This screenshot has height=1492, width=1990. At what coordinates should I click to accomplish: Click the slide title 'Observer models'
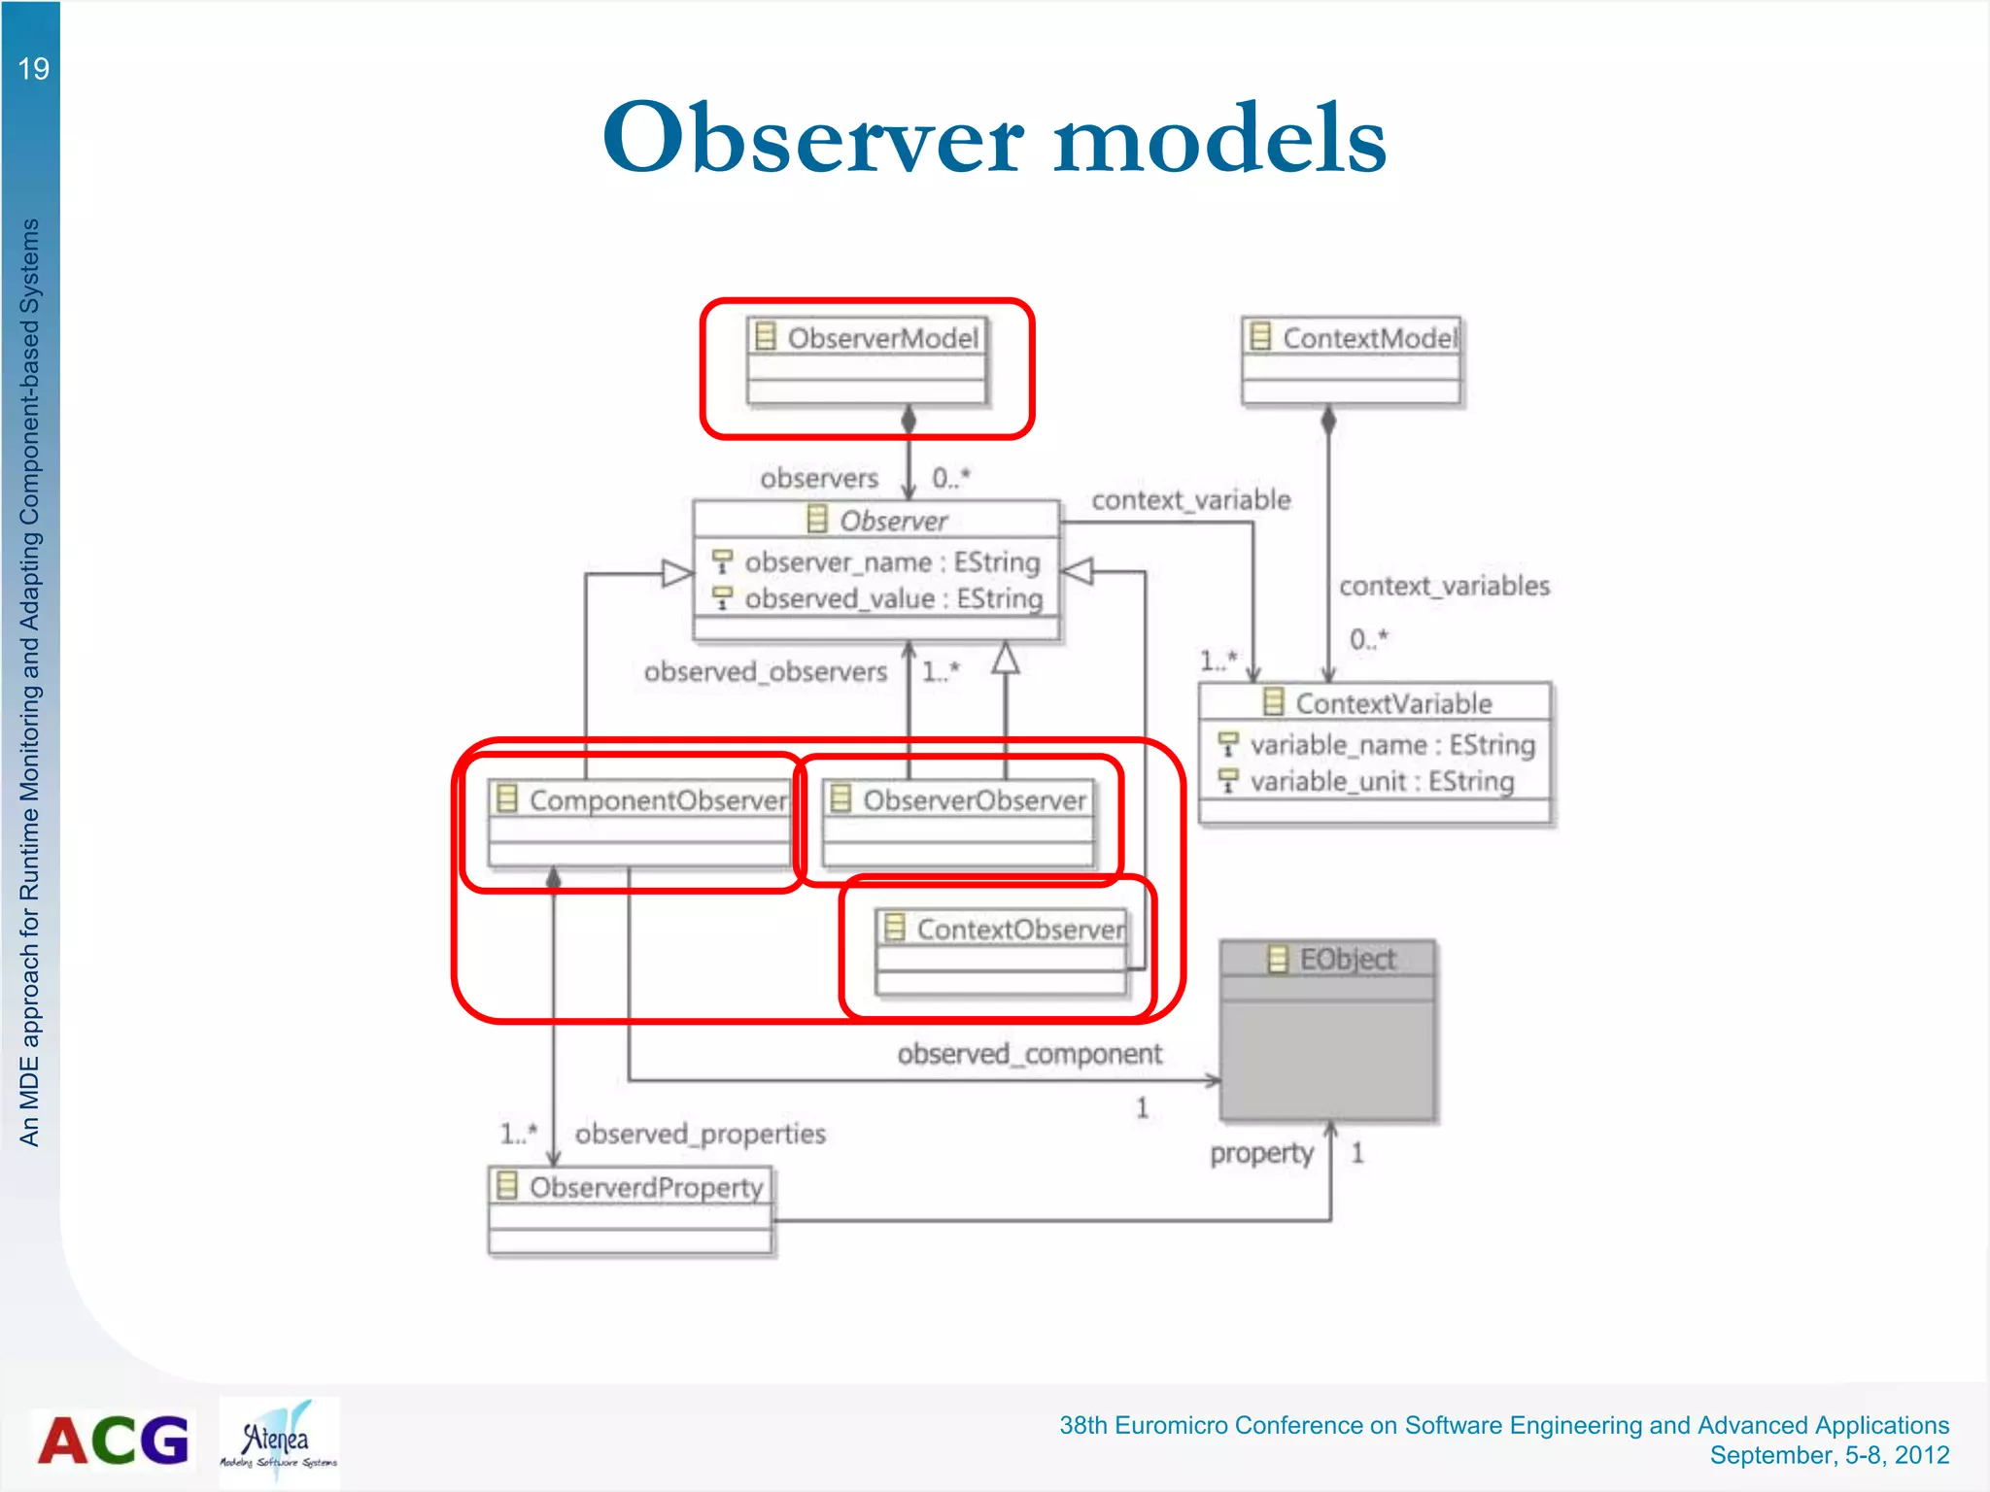coord(994,138)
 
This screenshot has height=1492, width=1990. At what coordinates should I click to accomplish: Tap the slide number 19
coord(33,69)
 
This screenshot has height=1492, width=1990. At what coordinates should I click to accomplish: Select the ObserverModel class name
coord(881,338)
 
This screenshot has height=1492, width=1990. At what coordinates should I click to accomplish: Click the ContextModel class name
coord(1368,338)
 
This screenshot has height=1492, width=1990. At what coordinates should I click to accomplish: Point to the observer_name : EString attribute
coord(891,562)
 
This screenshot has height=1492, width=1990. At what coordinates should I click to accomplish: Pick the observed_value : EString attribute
coord(893,598)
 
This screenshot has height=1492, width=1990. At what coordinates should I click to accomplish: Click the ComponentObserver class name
coord(658,800)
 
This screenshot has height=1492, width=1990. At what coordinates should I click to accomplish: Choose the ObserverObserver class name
coord(974,800)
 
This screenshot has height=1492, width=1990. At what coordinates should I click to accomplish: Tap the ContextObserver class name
coord(1020,930)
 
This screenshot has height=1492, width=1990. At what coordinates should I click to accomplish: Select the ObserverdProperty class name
coord(646,1187)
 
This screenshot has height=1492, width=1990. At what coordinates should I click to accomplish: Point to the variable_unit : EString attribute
coord(1381,781)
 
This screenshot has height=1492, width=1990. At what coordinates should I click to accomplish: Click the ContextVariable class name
coord(1392,703)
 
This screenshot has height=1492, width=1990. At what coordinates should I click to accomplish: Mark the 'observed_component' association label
coord(1029,1054)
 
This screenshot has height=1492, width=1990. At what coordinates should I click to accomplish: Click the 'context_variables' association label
coord(1444,586)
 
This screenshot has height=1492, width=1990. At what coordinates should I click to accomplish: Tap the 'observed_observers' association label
coord(766,671)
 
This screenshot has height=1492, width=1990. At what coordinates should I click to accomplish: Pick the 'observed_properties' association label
coord(700,1134)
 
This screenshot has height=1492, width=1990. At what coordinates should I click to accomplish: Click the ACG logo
coord(114,1441)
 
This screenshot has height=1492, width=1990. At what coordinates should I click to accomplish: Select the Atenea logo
coord(279,1441)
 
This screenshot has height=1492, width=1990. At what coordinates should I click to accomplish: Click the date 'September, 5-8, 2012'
coord(1829,1455)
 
